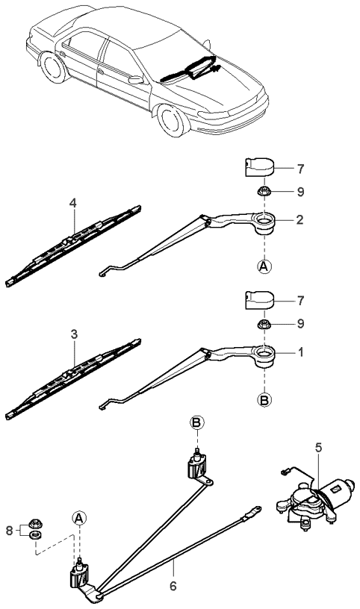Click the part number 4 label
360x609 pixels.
pos(72,203)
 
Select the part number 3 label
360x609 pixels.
pos(74,334)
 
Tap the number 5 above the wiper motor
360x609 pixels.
pos(318,448)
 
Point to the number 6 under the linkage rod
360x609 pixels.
pos(173,586)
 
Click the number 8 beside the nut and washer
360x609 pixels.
pos(9,531)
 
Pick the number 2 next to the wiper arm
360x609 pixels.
pos(300,220)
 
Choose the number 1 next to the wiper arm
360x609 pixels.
pos(300,353)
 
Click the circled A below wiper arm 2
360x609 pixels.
pos(264,267)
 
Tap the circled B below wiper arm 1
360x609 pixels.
pos(264,400)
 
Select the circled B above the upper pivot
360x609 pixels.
pos(197,422)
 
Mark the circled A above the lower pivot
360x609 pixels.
pos(79,518)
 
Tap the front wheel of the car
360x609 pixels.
pos(173,119)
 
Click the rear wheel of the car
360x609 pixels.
pos(53,67)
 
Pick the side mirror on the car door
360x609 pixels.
pos(136,80)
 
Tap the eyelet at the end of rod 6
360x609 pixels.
pos(257,510)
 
